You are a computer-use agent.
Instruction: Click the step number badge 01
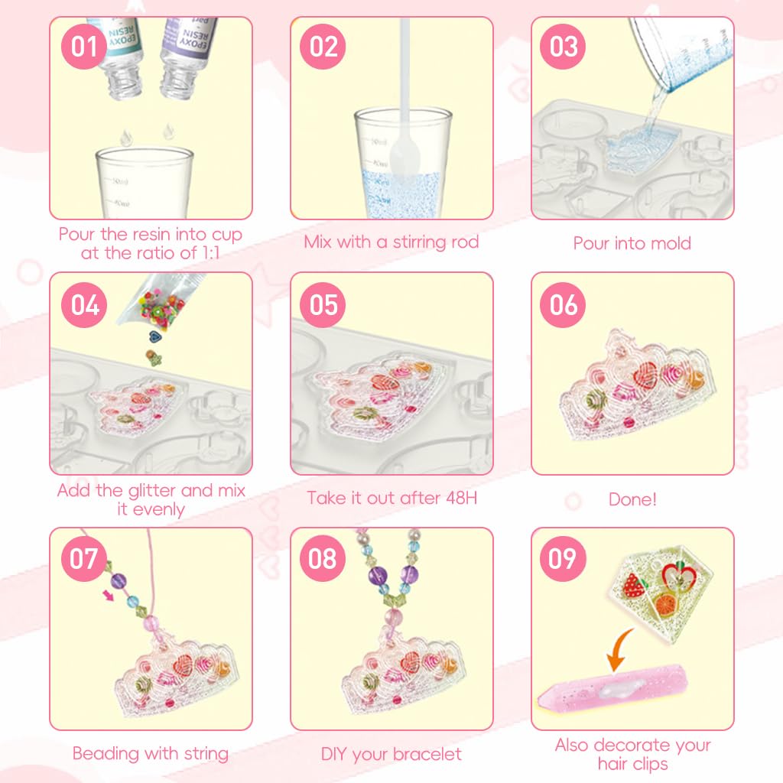[85, 47]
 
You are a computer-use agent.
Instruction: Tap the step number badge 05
[323, 304]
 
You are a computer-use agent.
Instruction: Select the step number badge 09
[563, 559]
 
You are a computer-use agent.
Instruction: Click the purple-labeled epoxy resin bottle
[187, 46]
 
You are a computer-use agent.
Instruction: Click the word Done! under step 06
[632, 499]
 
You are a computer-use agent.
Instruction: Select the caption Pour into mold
[632, 243]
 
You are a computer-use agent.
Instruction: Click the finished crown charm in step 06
[635, 390]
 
